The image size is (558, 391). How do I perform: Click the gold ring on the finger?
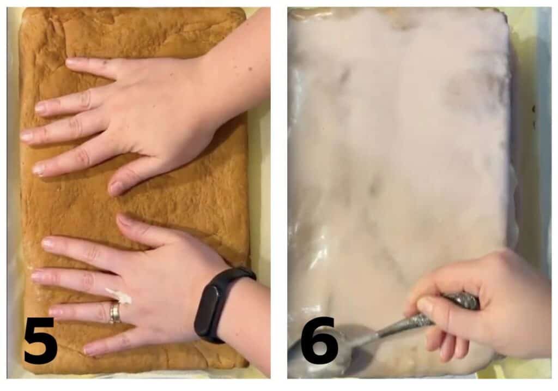tap(115, 313)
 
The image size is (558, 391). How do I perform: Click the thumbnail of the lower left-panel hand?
tap(124, 220)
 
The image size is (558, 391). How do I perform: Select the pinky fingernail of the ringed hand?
tap(88, 349)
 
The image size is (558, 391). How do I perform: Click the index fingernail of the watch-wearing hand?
tap(48, 244)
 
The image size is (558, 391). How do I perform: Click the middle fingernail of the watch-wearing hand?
tap(37, 277)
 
